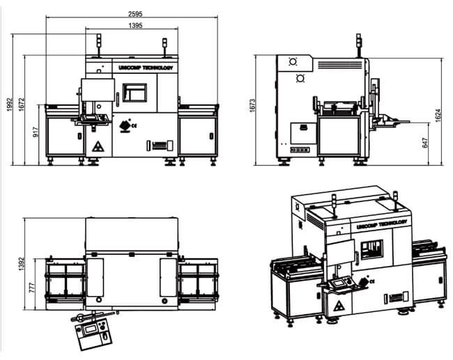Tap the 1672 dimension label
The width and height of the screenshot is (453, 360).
tap(22, 104)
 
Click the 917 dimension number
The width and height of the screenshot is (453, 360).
tap(36, 132)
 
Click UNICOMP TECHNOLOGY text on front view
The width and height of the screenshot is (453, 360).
tap(144, 68)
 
